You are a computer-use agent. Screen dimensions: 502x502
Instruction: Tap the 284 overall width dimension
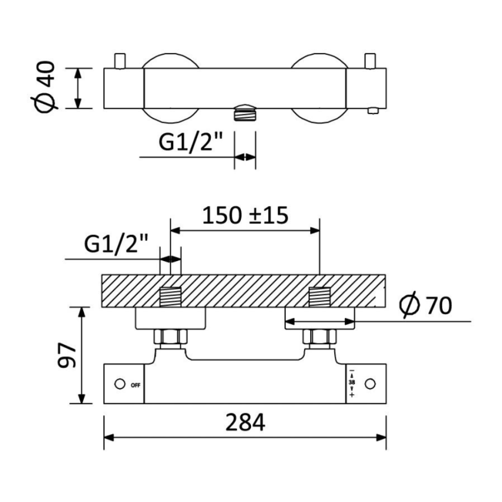click(x=245, y=423)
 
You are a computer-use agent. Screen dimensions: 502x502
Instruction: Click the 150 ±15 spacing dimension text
click(x=245, y=216)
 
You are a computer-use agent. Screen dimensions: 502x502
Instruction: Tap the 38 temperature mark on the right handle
click(x=352, y=383)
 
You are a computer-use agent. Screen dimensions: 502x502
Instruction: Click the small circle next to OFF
click(x=120, y=384)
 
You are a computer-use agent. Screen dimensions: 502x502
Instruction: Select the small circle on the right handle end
click(x=370, y=384)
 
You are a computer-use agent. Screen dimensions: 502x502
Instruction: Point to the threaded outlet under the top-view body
click(x=246, y=112)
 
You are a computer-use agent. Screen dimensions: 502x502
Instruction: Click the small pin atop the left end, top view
click(x=120, y=61)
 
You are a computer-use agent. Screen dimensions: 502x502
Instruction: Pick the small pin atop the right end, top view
click(x=371, y=61)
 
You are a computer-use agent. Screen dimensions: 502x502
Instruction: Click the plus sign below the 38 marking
click(x=352, y=395)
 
